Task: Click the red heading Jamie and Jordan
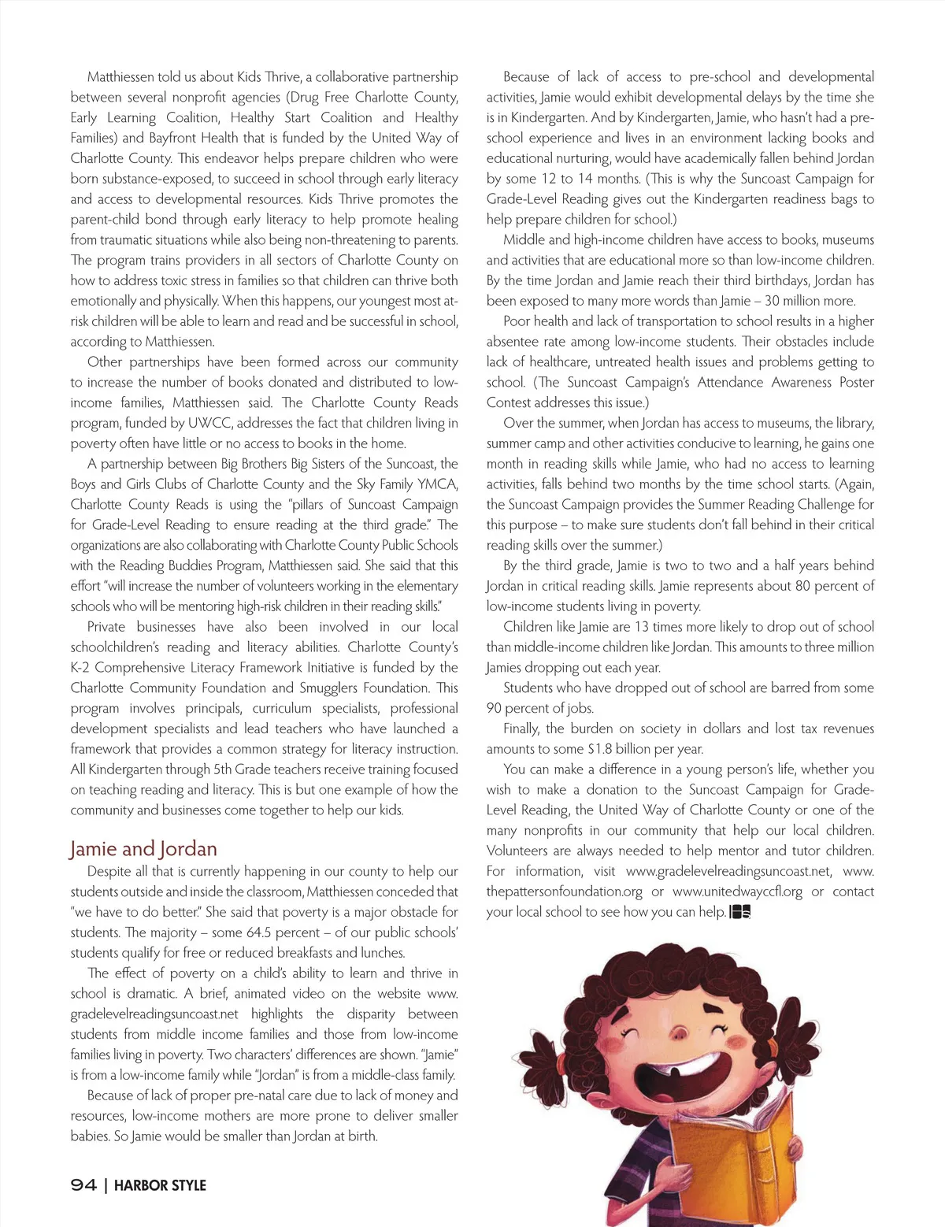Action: (143, 849)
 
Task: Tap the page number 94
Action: (83, 1185)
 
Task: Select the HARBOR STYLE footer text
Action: (160, 1185)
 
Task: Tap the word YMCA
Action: (439, 484)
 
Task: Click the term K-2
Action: (82, 667)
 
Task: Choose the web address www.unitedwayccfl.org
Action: (737, 892)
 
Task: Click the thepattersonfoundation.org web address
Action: (564, 892)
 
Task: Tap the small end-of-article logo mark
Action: (740, 913)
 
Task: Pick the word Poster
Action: (855, 382)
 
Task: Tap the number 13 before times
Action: (641, 627)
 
